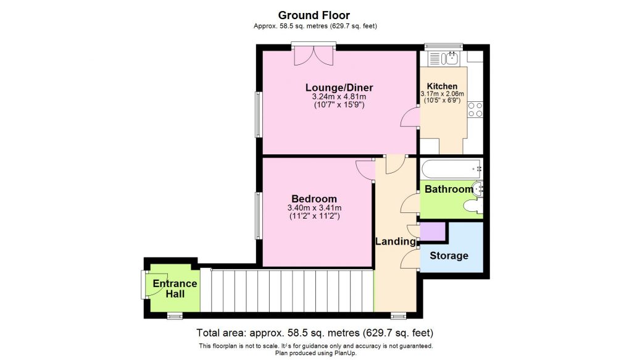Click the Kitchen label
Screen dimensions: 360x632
point(443,86)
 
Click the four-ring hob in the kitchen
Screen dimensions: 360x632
point(475,110)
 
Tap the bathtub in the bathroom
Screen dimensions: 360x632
point(451,169)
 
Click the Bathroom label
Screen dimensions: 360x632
point(449,189)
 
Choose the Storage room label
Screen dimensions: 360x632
point(449,256)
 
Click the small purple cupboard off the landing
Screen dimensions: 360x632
point(433,232)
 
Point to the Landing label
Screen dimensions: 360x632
point(395,241)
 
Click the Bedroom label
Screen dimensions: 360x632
point(314,199)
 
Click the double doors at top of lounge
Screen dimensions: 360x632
point(314,56)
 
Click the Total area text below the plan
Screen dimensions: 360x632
point(315,332)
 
